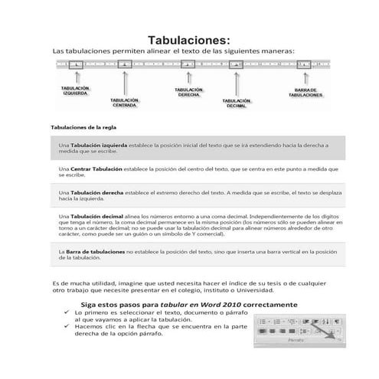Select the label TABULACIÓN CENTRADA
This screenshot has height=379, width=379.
[x=124, y=103]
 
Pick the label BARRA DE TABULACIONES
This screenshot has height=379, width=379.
[x=305, y=93]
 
